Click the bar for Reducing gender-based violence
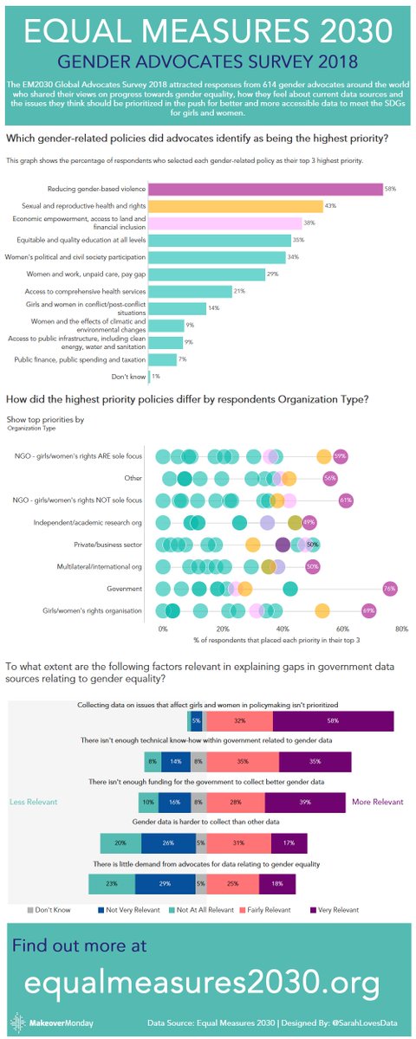pos(265,189)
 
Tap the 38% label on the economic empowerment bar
pos(309,223)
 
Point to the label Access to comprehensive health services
pos(96,291)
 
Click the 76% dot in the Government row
pos(390,590)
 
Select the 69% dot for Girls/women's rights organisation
pos(369,612)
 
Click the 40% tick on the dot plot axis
pos(283,629)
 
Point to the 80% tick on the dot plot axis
pos(401,629)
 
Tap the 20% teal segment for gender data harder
pos(120,843)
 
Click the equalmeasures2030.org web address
pos(201,983)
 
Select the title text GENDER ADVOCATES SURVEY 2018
pos(208,63)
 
